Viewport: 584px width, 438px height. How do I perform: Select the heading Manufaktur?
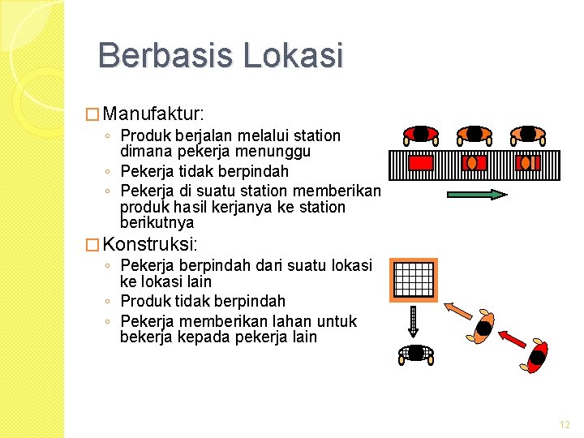155,110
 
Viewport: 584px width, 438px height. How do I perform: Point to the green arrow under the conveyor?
477,194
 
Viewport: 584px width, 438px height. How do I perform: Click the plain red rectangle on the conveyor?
422,163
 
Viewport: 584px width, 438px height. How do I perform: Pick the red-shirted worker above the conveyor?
421,134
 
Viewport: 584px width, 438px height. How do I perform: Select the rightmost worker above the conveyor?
527,134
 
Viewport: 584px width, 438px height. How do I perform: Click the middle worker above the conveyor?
474,134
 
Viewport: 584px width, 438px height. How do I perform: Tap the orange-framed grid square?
413,279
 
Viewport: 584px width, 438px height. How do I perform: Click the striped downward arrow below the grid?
413,320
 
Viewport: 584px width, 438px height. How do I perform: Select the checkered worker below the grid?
415,353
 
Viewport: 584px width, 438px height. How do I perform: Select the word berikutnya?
157,222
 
